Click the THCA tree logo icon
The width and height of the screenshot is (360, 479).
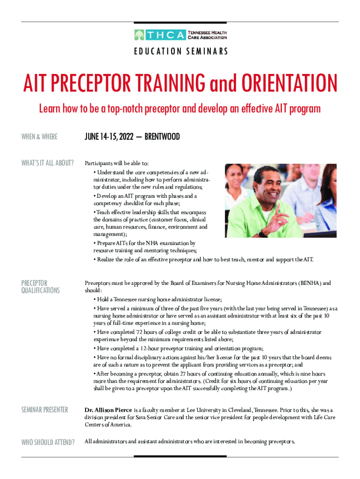[x=139, y=35]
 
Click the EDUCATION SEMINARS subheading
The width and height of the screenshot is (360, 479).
[x=180, y=51]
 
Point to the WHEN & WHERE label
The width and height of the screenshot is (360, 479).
[x=39, y=137]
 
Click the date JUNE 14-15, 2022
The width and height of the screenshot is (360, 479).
[x=108, y=137]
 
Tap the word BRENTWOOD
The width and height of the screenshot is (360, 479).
[x=162, y=137]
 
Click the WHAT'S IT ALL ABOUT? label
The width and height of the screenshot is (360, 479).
[x=48, y=163]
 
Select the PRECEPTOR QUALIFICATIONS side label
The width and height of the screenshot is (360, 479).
[x=41, y=287]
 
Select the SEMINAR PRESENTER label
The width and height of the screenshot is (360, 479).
[x=45, y=410]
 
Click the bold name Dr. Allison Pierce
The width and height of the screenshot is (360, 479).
[x=108, y=410]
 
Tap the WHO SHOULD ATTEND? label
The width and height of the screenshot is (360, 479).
[x=48, y=441]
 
